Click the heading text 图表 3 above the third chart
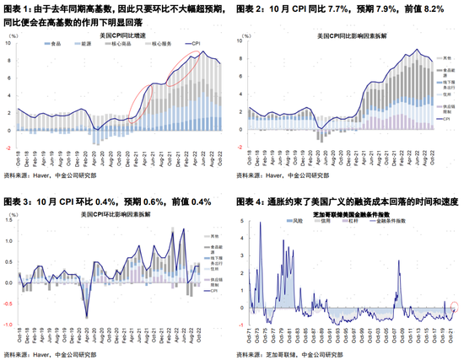pyautogui.click(x=20, y=201)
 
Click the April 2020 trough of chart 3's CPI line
pyautogui.click(x=88, y=317)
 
